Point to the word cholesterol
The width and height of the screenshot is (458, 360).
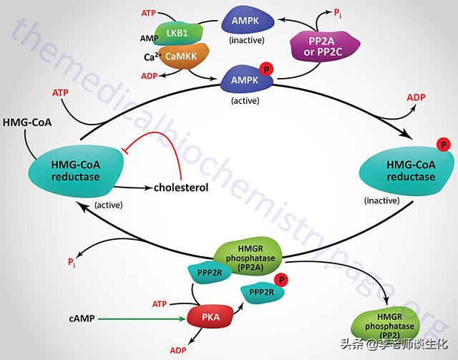(181, 188)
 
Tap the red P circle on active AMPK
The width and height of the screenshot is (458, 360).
(266, 69)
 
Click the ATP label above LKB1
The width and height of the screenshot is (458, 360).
(148, 13)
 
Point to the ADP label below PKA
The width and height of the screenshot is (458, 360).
(177, 351)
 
